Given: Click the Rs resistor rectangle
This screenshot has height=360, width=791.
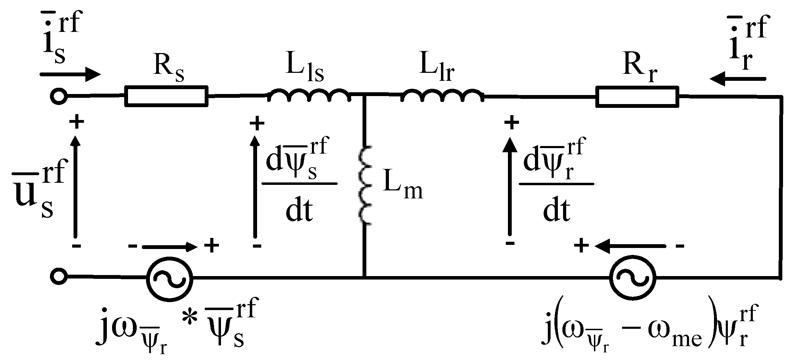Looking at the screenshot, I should (167, 95).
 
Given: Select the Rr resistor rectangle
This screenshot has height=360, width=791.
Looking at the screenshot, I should (637, 96).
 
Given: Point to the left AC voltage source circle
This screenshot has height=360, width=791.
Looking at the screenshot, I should (169, 277).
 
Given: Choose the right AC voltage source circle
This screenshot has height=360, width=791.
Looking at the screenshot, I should (632, 277).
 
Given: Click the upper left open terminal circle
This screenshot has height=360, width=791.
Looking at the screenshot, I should (59, 96).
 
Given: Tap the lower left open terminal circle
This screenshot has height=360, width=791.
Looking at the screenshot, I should (59, 277).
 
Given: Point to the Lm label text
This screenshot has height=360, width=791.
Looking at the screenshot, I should (402, 189).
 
